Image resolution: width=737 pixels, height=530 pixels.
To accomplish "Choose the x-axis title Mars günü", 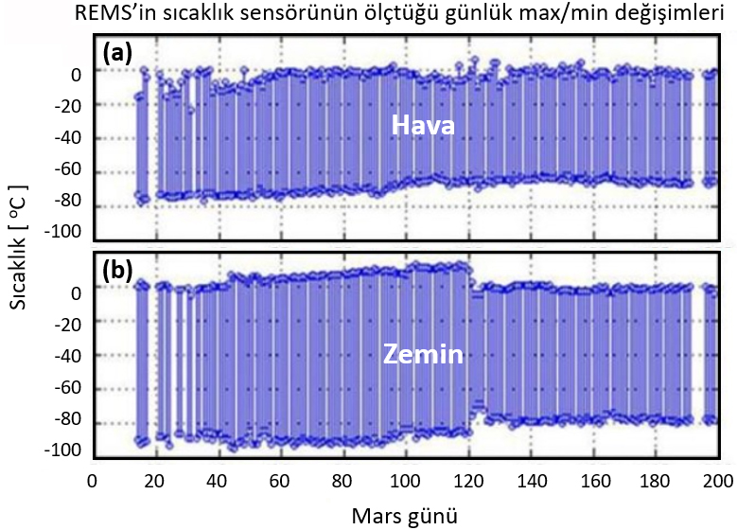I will (x=406, y=516).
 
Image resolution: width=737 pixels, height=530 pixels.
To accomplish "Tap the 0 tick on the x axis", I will (x=92, y=480).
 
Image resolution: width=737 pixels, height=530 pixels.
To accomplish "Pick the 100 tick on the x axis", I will (x=405, y=480).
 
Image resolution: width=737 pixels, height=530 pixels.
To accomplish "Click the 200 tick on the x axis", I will (x=718, y=480).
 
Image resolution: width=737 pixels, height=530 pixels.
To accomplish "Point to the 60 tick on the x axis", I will (x=279, y=480).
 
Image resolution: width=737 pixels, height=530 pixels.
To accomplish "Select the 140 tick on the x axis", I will (x=530, y=480).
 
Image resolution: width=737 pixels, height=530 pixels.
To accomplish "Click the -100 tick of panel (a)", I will (x=64, y=233).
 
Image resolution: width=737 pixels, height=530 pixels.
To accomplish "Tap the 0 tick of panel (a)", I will (x=78, y=73).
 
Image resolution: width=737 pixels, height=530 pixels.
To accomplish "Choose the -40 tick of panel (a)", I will (x=69, y=137).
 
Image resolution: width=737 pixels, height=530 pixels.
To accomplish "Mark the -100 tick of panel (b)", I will (x=64, y=450).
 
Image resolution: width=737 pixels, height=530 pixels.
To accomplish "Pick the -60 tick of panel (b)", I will (x=69, y=387).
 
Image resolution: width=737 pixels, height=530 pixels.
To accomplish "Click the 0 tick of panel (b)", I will (x=78, y=292).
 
